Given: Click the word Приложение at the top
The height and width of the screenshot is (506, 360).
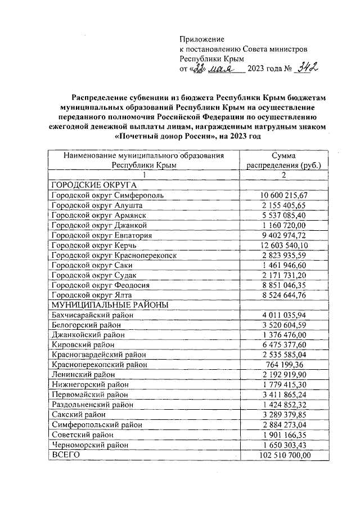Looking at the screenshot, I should click(202, 39).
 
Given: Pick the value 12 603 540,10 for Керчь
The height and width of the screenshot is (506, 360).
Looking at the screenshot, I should click(284, 245).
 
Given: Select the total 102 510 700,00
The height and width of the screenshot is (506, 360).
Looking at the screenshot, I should click(284, 455).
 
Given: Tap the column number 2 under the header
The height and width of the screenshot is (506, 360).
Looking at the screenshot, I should click(284, 175).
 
